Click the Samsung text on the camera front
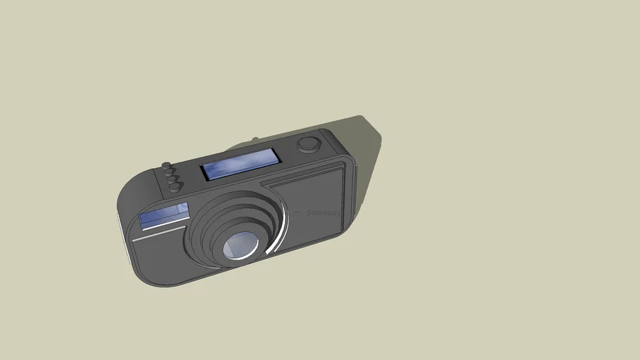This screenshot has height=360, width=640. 323,212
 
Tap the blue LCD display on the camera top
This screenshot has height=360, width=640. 241,165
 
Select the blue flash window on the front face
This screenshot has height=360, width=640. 164,214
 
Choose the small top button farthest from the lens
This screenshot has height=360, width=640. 167,167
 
